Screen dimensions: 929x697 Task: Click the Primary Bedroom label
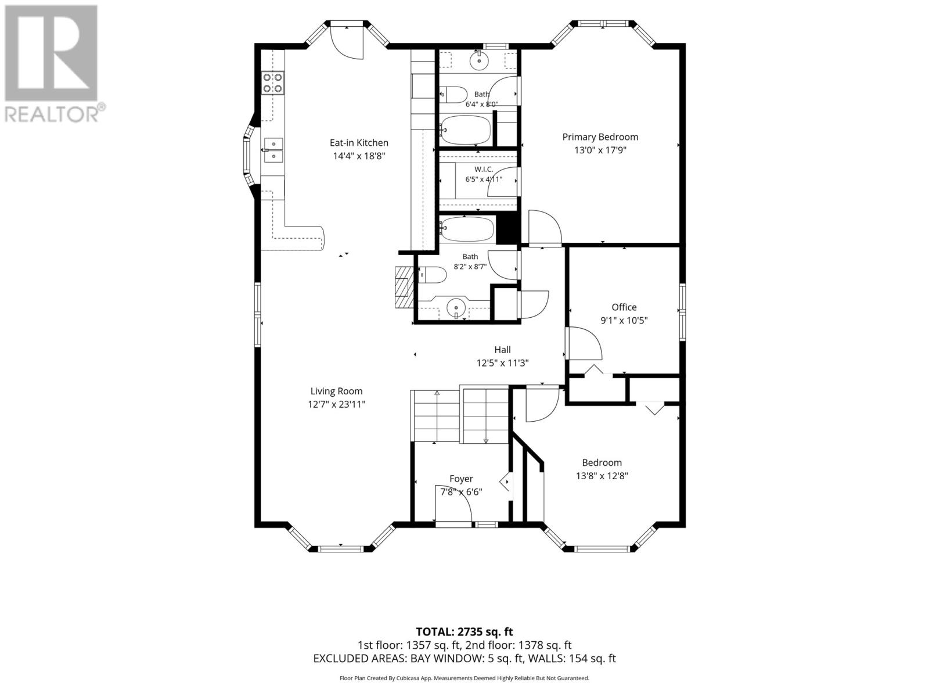(600, 136)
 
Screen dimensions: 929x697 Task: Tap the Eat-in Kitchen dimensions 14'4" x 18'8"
(359, 156)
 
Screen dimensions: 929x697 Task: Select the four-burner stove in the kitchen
(272, 83)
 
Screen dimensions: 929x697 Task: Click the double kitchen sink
(273, 150)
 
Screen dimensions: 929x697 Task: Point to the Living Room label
(336, 391)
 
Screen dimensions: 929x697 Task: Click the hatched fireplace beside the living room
(404, 288)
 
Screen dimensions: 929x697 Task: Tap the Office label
(624, 307)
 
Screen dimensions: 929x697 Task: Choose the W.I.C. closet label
(483, 169)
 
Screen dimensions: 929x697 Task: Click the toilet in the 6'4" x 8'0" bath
(453, 95)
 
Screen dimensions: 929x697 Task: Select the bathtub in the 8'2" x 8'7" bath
(466, 229)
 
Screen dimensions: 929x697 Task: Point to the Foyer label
(461, 479)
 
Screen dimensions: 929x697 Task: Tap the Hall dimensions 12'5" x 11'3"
(502, 362)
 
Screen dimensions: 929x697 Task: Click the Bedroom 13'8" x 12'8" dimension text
(602, 476)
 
